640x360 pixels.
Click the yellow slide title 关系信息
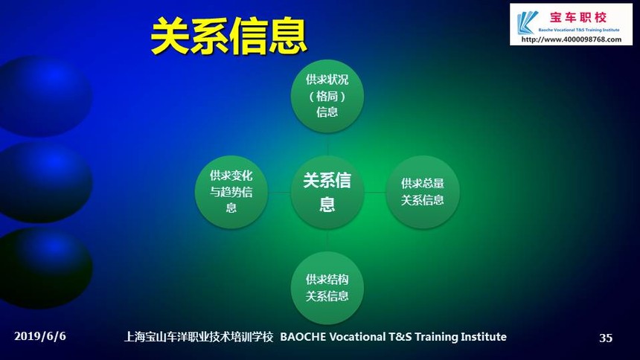[x=228, y=36]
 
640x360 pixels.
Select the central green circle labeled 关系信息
[x=327, y=192]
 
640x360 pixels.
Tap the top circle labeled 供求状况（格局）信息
[x=327, y=96]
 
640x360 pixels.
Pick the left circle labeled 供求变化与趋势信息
[x=231, y=192]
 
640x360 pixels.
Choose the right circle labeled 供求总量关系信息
[x=423, y=192]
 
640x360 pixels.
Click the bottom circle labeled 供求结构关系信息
[x=327, y=288]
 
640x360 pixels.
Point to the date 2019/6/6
[x=40, y=336]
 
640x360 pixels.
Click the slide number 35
[x=606, y=338]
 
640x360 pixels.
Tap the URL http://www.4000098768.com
[x=571, y=39]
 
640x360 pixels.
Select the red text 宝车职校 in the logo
[x=578, y=18]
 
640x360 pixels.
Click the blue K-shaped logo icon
[x=527, y=22]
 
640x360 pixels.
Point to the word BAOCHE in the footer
[x=303, y=337]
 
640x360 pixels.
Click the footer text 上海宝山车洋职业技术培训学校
[x=199, y=337]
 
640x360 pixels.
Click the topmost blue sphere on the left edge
[x=45, y=96]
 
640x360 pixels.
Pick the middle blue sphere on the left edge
[x=45, y=182]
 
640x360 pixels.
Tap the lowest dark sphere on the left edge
[x=45, y=269]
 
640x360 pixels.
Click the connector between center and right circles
[x=375, y=192]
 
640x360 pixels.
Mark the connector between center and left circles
[x=279, y=192]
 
